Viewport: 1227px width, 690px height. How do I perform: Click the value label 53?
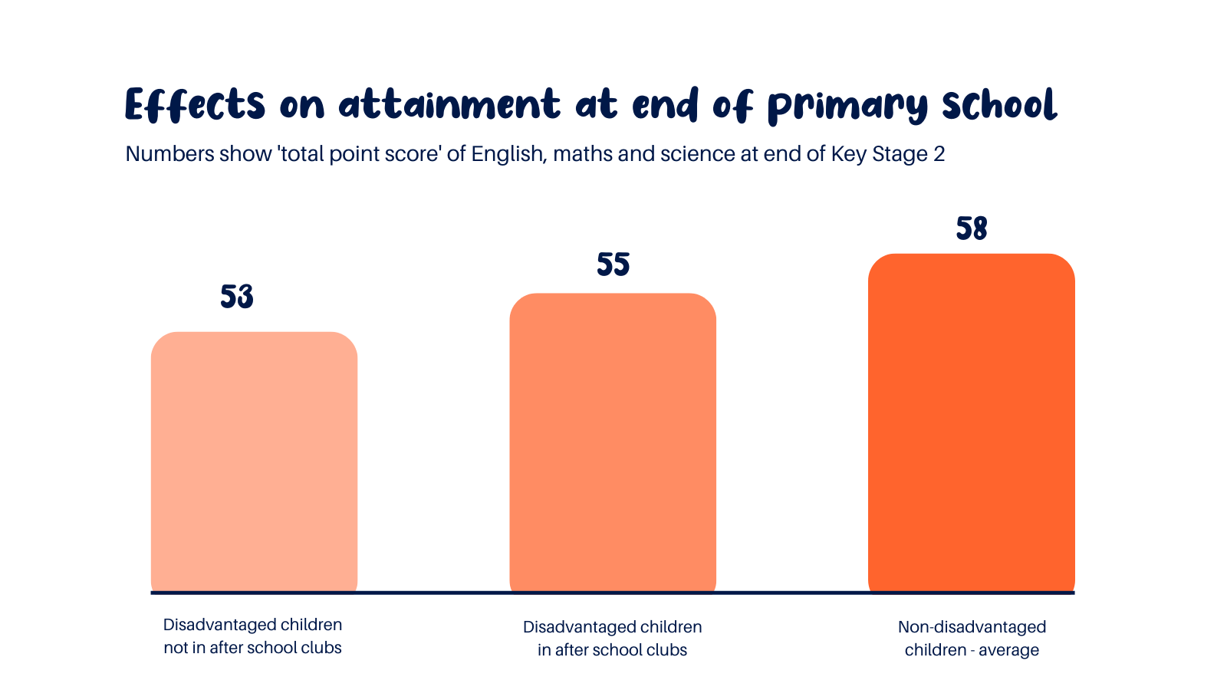[236, 297]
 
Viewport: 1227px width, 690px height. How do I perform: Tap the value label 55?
[613, 264]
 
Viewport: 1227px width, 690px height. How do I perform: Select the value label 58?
[971, 228]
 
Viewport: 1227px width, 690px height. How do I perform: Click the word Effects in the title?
[195, 105]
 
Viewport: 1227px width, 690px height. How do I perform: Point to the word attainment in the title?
[449, 105]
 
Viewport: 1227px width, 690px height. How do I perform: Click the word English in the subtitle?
[507, 154]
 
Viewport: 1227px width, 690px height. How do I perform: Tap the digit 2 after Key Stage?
[939, 154]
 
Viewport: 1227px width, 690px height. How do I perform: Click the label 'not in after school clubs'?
[252, 648]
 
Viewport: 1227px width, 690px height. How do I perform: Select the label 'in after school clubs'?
[612, 650]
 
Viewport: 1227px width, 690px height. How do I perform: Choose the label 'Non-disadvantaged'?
[972, 627]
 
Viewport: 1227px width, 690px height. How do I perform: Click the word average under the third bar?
[1008, 650]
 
